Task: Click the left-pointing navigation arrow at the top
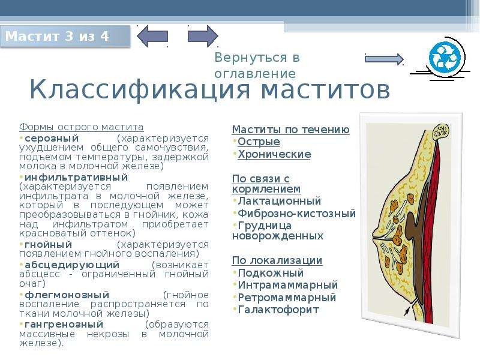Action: coord(152,36)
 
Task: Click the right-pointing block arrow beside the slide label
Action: coord(203,36)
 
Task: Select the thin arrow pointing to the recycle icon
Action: coord(384,59)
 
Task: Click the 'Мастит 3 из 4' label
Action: coord(57,36)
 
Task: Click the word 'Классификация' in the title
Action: coord(140,89)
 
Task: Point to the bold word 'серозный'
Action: coord(52,139)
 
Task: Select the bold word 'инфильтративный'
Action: coord(76,177)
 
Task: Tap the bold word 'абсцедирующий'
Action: coord(72,265)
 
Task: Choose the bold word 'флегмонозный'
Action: coord(67,295)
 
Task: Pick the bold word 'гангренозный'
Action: coord(64,324)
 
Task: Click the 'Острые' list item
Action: coord(259,142)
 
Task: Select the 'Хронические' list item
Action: coord(274,154)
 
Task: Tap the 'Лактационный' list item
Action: coord(279,201)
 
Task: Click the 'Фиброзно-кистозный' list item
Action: coord(296,214)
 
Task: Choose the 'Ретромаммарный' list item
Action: coord(287,298)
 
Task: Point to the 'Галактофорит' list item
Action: coord(278,310)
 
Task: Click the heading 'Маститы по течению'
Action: coord(290,130)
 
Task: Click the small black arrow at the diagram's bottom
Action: coord(407,311)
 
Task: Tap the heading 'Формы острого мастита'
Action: coord(82,127)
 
